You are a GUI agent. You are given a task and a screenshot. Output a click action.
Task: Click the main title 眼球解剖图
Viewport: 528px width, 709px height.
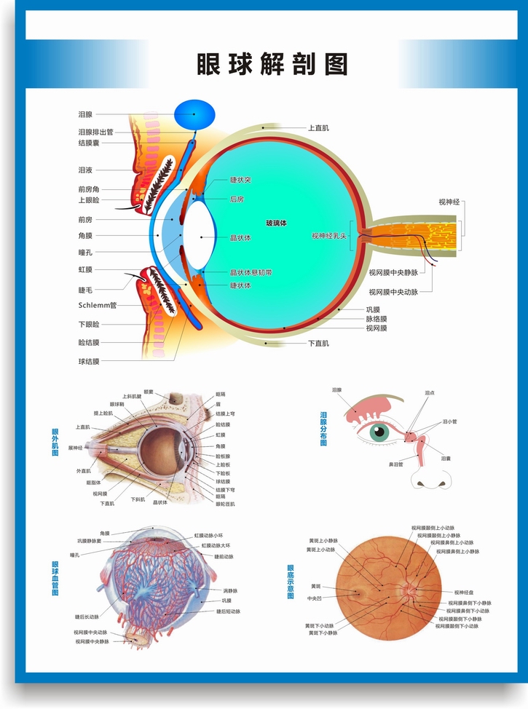(272, 65)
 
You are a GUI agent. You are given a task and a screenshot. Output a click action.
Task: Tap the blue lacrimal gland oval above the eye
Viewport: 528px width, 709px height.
(194, 114)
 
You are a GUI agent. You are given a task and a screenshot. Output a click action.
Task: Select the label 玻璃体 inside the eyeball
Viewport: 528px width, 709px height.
(276, 223)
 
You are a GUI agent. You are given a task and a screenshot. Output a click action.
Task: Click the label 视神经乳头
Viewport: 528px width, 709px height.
(330, 236)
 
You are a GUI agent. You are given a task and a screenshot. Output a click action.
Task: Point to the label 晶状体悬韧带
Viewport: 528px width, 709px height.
(251, 272)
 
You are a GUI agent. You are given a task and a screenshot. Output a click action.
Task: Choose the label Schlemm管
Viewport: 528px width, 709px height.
(98, 306)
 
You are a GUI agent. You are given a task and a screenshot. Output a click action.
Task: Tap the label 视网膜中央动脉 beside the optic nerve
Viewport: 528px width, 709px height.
(393, 292)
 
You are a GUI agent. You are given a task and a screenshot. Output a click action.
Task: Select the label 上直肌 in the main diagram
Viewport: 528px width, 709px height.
(318, 128)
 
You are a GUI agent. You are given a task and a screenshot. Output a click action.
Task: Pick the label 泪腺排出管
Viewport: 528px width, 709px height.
(95, 132)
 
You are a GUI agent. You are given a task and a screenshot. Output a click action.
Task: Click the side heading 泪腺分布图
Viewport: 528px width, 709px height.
(323, 429)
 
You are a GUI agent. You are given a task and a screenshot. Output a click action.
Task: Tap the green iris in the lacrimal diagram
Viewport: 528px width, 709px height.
(379, 432)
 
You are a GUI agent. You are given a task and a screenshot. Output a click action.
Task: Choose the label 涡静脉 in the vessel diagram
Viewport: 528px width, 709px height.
(230, 590)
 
